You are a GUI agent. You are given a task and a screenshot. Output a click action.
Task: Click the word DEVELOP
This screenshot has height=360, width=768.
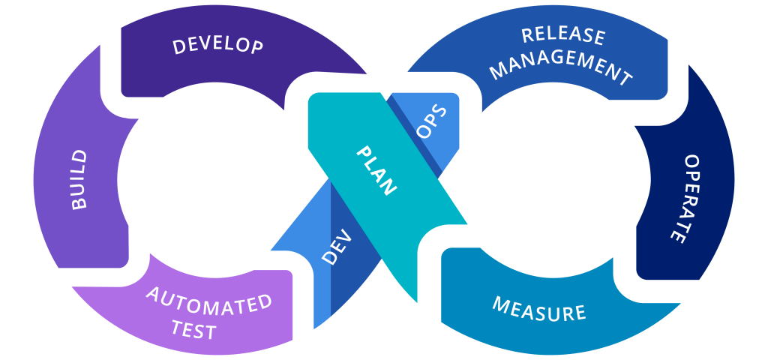[217, 44]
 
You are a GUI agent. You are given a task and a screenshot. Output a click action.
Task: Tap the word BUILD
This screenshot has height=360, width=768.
[78, 180]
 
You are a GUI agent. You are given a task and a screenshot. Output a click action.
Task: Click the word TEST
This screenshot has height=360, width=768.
[193, 329]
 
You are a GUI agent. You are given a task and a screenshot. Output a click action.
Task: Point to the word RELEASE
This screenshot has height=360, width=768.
[563, 35]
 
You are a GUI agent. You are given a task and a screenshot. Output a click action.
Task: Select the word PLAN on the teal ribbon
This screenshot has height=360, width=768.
[375, 171]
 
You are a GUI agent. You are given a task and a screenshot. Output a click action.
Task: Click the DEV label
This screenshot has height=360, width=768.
[336, 245]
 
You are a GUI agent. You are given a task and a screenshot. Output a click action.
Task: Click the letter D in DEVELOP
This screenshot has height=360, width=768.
[178, 46]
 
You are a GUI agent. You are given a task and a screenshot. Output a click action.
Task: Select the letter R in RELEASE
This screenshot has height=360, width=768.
[527, 34]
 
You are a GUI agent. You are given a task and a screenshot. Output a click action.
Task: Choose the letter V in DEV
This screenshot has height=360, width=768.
[337, 245]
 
